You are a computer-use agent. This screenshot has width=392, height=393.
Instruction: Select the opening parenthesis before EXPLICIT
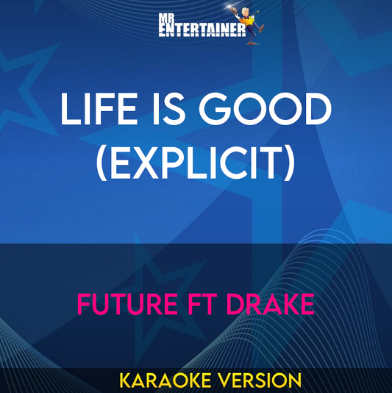click(102, 160)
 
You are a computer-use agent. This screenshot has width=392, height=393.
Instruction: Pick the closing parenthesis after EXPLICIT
click(289, 160)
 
